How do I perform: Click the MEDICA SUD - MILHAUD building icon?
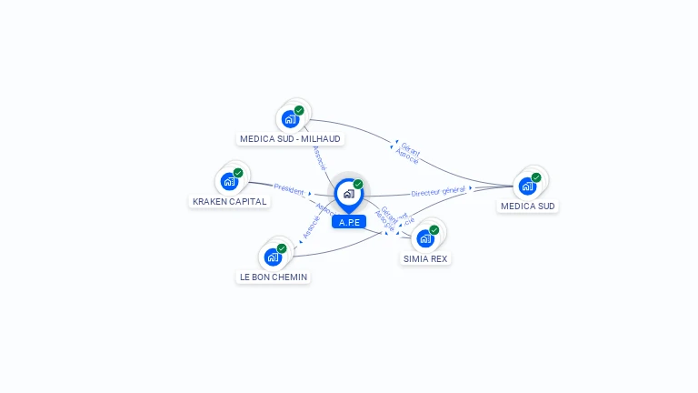pos(290,118)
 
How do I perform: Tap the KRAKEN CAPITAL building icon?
pos(229,181)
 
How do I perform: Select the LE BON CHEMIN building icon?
pos(273,257)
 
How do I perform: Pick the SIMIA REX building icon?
pos(425,238)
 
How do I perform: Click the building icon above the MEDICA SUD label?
pos(527,186)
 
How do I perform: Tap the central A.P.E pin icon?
pos(348,194)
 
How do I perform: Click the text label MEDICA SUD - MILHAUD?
pos(290,139)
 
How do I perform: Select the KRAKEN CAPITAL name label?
pos(229,201)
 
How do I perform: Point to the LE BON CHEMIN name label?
pos(274,277)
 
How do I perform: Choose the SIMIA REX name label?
pos(426,258)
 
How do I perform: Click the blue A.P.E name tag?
pos(349,222)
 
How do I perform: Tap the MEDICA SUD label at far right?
pos(528,207)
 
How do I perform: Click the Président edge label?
pos(289,190)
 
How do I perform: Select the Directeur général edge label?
pos(438,191)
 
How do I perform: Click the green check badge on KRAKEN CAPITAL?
pos(238,173)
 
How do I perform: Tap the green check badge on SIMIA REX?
pos(434,230)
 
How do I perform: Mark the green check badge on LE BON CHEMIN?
pos(282,248)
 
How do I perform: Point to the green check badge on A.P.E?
pos(358,185)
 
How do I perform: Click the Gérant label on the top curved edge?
pos(410,149)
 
